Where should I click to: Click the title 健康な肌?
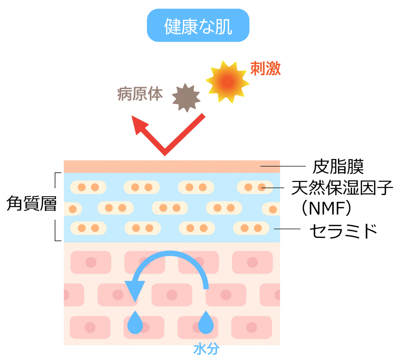point(198,25)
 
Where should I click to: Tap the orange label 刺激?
point(265,69)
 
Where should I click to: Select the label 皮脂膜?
point(338,166)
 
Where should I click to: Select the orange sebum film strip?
point(171,166)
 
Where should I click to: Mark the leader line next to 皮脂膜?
point(282,166)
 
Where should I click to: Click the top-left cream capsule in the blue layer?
point(88,187)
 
